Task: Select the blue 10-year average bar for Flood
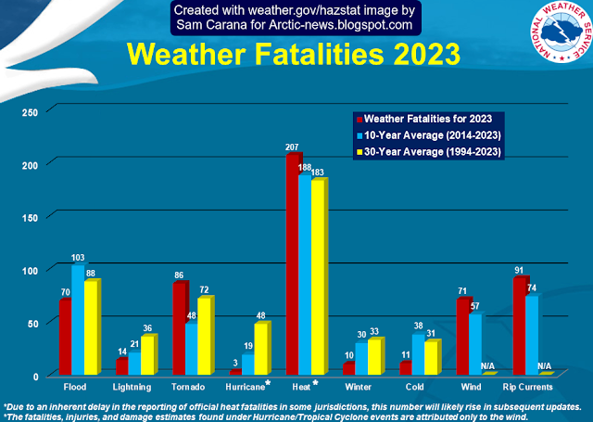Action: (x=78, y=320)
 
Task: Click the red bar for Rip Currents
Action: (x=520, y=326)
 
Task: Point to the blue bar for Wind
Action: (x=474, y=344)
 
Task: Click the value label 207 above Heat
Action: (x=294, y=147)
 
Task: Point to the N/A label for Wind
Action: (x=487, y=365)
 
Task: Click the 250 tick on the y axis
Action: (x=31, y=111)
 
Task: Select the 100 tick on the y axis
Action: (x=31, y=270)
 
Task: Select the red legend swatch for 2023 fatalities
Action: (x=360, y=119)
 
